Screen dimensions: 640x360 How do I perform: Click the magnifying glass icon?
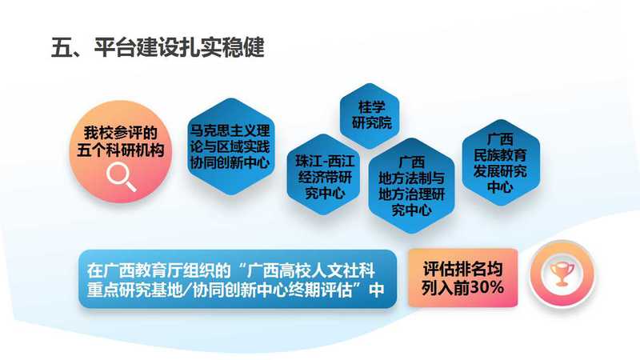[121, 176]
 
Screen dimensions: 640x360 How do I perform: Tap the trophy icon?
[562, 273]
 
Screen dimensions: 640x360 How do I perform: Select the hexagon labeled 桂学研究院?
[370, 116]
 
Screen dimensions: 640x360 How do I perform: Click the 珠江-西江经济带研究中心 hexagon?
[324, 174]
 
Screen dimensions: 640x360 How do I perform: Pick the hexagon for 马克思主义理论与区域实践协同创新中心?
[230, 146]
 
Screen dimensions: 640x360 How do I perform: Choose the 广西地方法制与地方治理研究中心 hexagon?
[411, 186]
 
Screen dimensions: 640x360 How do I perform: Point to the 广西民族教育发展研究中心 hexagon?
[501, 162]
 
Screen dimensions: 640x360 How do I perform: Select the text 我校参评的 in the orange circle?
[121, 133]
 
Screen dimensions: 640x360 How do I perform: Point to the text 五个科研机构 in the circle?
[121, 150]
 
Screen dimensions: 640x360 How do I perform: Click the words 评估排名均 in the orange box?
[462, 269]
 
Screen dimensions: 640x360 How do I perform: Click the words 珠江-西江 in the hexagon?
[325, 161]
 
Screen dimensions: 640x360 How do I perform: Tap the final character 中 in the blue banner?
[376, 290]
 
